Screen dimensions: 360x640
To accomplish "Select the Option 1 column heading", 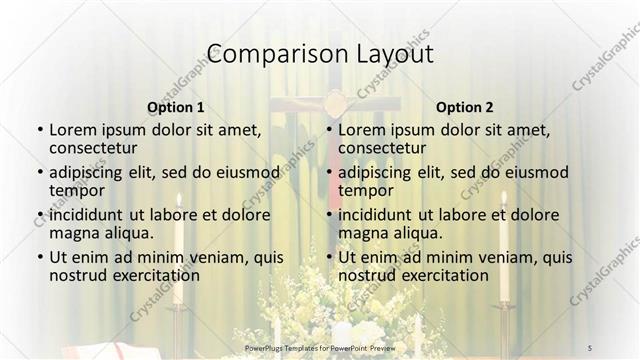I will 176,106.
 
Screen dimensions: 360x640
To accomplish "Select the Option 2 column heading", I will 465,106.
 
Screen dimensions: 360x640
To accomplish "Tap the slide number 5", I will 590,346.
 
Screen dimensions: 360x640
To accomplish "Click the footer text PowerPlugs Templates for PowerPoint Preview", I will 319,346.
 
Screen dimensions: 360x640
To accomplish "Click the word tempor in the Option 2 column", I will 366,190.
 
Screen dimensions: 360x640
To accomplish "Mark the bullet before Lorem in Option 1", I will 39,130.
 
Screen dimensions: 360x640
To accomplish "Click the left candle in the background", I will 178,250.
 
